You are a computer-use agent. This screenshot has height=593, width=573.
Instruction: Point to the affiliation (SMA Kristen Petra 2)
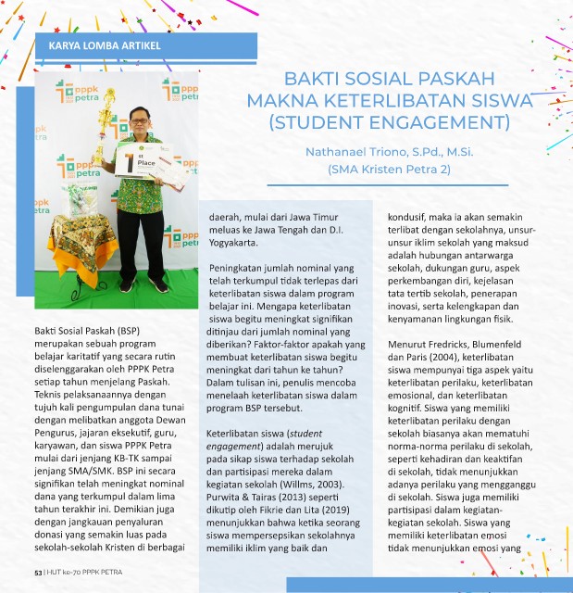point(389,169)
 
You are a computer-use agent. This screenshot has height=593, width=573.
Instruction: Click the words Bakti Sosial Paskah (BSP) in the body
point(81,330)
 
